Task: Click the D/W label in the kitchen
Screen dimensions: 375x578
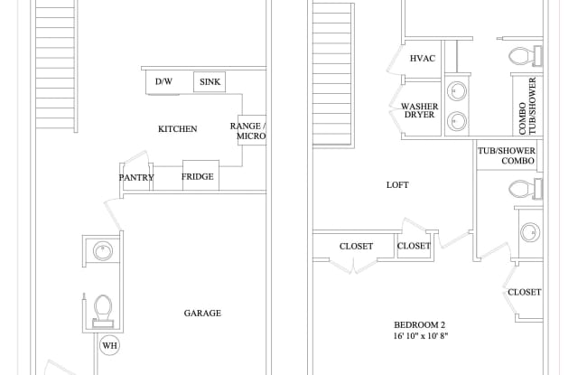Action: point(163,82)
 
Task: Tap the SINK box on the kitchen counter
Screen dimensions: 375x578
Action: point(210,82)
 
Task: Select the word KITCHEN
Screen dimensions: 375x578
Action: point(178,129)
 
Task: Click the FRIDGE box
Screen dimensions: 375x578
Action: point(198,176)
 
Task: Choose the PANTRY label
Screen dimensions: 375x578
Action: point(136,178)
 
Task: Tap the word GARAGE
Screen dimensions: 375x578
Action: point(202,314)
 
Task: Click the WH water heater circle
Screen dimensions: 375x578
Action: point(109,345)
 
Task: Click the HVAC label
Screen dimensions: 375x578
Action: point(423,59)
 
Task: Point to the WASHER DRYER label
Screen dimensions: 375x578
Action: point(419,111)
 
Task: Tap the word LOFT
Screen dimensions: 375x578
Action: point(397,185)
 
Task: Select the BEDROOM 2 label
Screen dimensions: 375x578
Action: point(420,324)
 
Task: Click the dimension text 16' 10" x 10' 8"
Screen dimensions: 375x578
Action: point(420,336)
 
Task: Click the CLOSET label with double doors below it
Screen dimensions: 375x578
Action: point(356,246)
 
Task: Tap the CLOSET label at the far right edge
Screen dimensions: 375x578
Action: point(524,292)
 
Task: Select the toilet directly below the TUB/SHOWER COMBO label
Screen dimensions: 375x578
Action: point(521,189)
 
